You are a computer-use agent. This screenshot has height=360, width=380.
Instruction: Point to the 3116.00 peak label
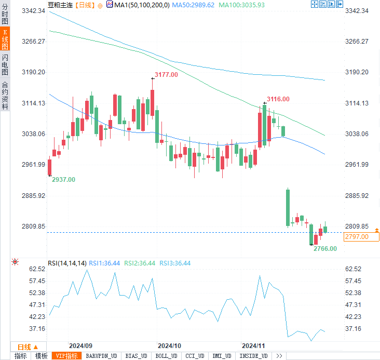[x=278, y=99]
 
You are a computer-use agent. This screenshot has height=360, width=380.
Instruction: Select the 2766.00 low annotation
[x=325, y=248]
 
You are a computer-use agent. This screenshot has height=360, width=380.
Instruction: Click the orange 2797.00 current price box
[x=356, y=237]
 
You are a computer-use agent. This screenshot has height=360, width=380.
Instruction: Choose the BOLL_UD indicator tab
[x=166, y=356]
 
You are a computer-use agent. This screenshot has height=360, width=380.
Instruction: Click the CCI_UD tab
[x=195, y=356]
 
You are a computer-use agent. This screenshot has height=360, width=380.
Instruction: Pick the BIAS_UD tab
[x=137, y=356]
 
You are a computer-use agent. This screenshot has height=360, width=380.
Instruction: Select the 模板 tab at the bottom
[x=41, y=356]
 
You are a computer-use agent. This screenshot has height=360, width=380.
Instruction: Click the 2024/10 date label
[x=169, y=345]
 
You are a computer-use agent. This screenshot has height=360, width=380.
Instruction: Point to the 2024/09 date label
[x=80, y=345]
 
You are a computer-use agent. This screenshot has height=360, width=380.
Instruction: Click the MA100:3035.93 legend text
[x=242, y=5]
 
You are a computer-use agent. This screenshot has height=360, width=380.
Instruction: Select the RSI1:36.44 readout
[x=105, y=263]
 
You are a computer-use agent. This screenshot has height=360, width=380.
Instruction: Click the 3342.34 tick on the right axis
[x=357, y=11]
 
